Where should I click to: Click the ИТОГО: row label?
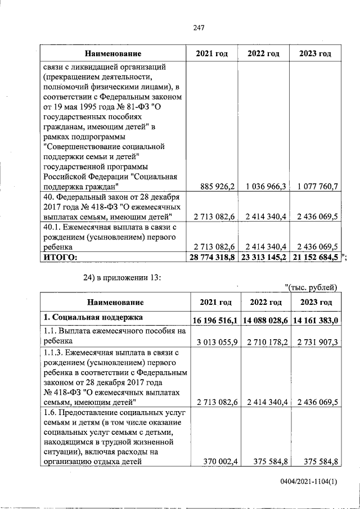coord(56,257)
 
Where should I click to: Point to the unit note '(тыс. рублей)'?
coord(312,289)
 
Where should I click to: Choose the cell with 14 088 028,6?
coord(265,319)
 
